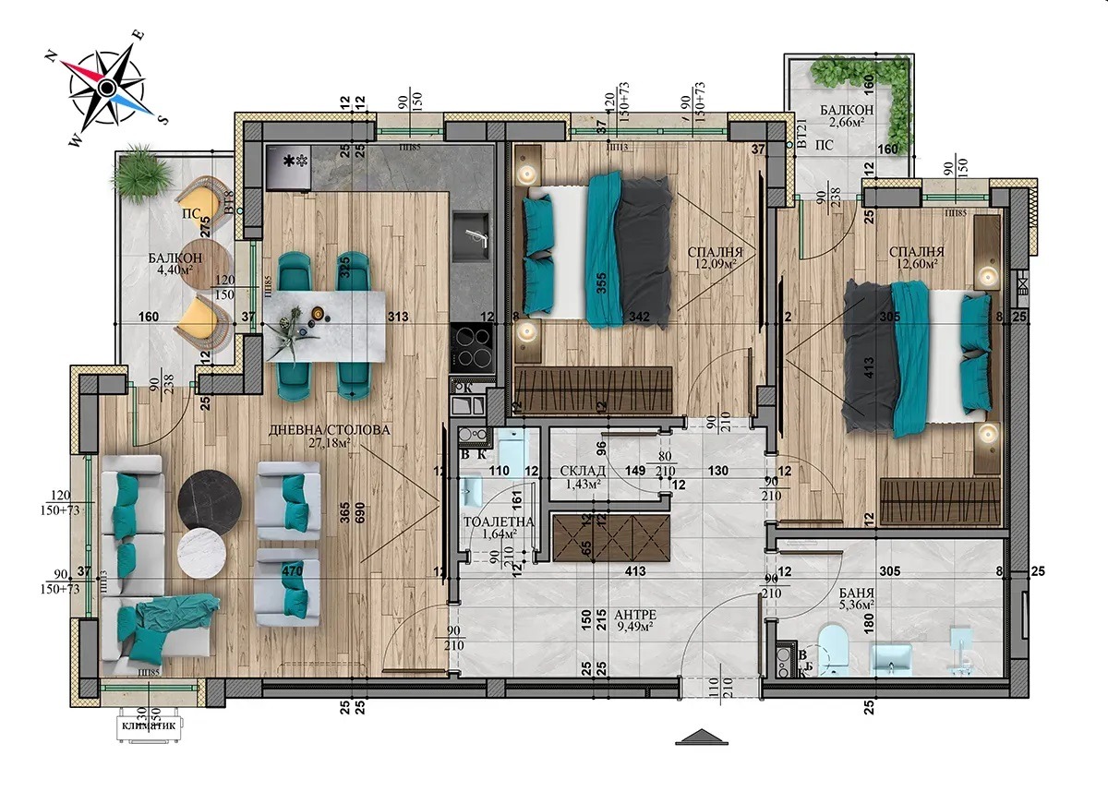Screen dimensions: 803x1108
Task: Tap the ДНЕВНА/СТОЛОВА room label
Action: coord(330,430)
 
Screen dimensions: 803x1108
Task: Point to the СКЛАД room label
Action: coord(582,471)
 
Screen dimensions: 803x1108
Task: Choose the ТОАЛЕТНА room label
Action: coord(498,521)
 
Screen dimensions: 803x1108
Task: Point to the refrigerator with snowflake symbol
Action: coord(289,167)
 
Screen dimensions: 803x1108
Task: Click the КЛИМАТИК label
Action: coord(152,725)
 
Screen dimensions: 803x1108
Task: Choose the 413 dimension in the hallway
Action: coord(634,572)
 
